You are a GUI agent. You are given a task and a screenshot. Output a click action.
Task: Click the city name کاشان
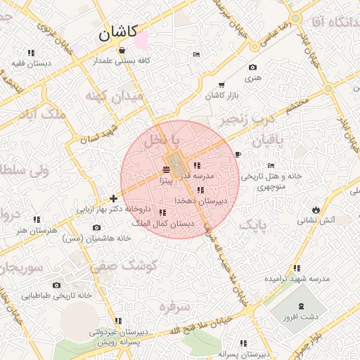coord(118,32)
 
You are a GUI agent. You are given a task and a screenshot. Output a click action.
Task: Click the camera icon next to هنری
coord(253,67)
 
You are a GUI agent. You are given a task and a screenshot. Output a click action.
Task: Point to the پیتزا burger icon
coord(166,170)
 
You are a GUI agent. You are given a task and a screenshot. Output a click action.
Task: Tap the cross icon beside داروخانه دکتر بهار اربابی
coord(114,199)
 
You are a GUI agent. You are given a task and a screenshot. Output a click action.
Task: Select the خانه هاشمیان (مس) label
coord(96,238)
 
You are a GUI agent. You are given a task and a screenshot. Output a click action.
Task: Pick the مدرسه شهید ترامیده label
coord(297,278)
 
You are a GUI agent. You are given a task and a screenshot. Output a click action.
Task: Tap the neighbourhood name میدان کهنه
coord(113,95)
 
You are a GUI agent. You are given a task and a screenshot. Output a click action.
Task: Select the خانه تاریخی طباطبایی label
coord(57,296)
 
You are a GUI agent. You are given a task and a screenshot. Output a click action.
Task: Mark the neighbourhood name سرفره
coord(175,307)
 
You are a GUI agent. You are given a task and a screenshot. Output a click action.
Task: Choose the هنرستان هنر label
coord(39,230)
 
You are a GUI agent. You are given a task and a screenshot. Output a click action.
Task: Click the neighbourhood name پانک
coord(253,225)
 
